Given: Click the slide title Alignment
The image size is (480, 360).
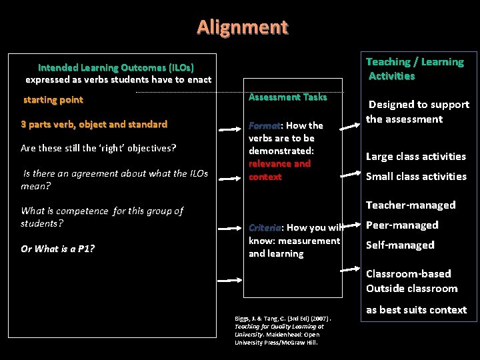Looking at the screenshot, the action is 243,27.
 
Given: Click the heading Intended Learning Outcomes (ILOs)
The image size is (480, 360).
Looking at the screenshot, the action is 116,67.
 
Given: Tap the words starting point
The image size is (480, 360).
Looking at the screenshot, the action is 53,100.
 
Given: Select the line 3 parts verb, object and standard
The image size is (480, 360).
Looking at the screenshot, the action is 94,124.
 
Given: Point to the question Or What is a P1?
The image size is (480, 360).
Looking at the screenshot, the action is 57,249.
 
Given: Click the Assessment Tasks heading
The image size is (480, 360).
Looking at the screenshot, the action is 287,97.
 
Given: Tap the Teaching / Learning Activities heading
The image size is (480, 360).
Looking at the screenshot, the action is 415,69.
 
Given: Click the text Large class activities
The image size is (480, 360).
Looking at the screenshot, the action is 416,157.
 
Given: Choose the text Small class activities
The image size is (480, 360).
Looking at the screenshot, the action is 416,177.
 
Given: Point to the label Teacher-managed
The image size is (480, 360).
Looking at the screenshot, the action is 411,205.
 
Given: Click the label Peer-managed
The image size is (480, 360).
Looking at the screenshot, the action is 402,225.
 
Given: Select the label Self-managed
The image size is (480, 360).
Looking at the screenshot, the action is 400,245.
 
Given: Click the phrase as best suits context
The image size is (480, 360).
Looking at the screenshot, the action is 416,310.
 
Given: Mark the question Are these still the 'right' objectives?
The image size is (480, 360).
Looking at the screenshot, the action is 98,148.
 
